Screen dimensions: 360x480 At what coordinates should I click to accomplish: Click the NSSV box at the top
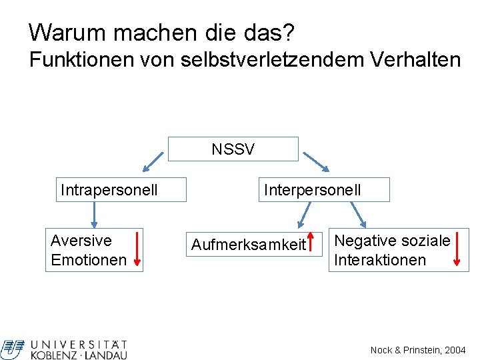coord(233,149)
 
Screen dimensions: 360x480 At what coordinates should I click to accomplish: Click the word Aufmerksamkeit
coord(248,245)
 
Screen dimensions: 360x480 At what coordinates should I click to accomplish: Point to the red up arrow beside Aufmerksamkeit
coord(311,244)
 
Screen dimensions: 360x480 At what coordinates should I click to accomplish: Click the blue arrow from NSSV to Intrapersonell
coord(154,160)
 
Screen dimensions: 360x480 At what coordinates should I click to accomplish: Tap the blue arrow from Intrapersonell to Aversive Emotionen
coord(94,215)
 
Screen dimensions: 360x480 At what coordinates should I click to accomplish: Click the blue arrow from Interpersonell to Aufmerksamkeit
coord(305,215)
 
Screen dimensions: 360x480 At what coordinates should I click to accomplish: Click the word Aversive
coord(81,241)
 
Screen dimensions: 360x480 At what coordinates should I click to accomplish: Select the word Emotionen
coord(88,260)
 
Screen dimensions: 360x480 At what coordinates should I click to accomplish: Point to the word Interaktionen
coord(379,260)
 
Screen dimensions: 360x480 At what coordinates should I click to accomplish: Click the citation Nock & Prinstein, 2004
coord(417,350)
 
